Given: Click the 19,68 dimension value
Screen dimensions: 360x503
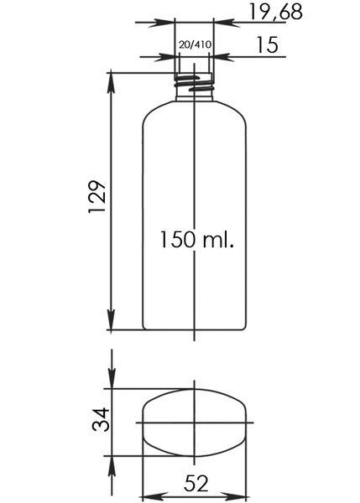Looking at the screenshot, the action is [276, 13].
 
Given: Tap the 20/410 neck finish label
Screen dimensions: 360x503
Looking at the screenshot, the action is [196, 44].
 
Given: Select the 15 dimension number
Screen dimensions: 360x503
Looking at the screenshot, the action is [267, 45].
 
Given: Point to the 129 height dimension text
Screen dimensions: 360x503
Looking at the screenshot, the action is [97, 196].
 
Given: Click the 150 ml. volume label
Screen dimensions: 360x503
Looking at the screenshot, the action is [197, 239].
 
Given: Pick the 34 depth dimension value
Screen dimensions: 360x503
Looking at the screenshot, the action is [101, 419].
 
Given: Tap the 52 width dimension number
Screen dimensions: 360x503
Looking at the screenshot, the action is [196, 483].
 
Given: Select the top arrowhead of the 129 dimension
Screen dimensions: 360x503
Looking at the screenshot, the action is [111, 82].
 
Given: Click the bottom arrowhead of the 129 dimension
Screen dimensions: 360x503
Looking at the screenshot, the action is [111, 320].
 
